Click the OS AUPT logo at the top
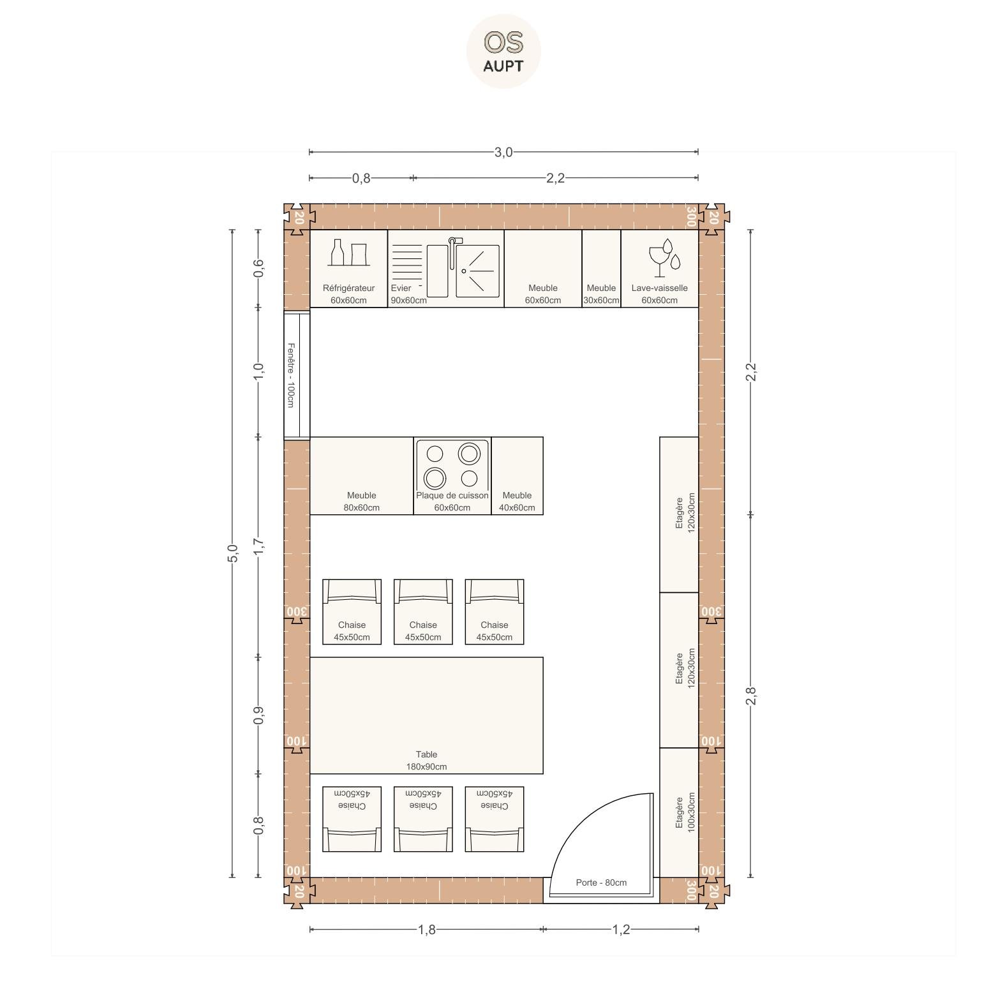pyautogui.click(x=503, y=51)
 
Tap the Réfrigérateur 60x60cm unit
pyautogui.click(x=348, y=268)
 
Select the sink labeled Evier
pyautogui.click(x=445, y=268)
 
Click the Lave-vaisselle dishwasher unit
pyautogui.click(x=659, y=268)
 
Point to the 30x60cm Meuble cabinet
pyautogui.click(x=601, y=268)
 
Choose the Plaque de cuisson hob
pyautogui.click(x=452, y=475)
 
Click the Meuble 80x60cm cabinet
pyautogui.click(x=361, y=475)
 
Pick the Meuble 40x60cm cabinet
pyautogui.click(x=517, y=475)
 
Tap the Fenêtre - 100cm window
pyautogui.click(x=297, y=375)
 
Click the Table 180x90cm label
pyautogui.click(x=426, y=761)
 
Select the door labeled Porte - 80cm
pyautogui.click(x=602, y=845)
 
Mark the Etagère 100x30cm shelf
pyautogui.click(x=679, y=812)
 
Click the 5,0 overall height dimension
pyautogui.click(x=232, y=553)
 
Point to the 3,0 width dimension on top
pyautogui.click(x=503, y=152)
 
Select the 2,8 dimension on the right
pyautogui.click(x=750, y=696)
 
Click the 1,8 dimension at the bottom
pyautogui.click(x=426, y=930)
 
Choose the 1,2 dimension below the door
pyautogui.click(x=621, y=930)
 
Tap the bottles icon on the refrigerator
pyautogui.click(x=348, y=253)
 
